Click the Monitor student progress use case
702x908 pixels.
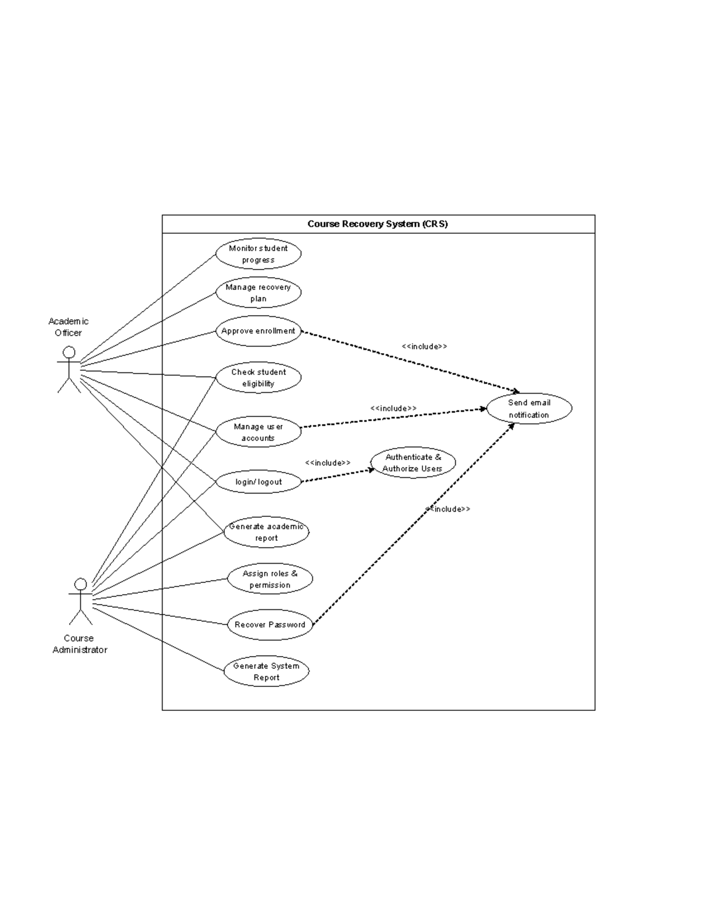(258, 254)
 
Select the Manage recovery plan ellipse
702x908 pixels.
(258, 292)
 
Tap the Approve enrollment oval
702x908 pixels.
(258, 331)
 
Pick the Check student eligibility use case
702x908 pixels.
(258, 378)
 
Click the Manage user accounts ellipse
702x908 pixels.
(258, 432)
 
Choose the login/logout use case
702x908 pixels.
(258, 482)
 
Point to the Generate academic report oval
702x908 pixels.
(266, 532)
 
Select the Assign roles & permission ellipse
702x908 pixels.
(270, 579)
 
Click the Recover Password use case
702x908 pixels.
(270, 624)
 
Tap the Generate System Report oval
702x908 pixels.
(266, 671)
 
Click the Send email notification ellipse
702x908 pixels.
(529, 408)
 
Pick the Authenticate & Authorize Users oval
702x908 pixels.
(412, 462)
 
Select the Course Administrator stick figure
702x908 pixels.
(80, 601)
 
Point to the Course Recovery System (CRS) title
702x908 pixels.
(377, 224)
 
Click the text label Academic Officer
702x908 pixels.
(68, 327)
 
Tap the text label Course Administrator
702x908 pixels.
(80, 644)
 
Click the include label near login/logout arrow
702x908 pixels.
(328, 462)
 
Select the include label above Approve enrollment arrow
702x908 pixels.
(424, 346)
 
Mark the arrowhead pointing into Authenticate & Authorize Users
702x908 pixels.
(371, 469)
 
